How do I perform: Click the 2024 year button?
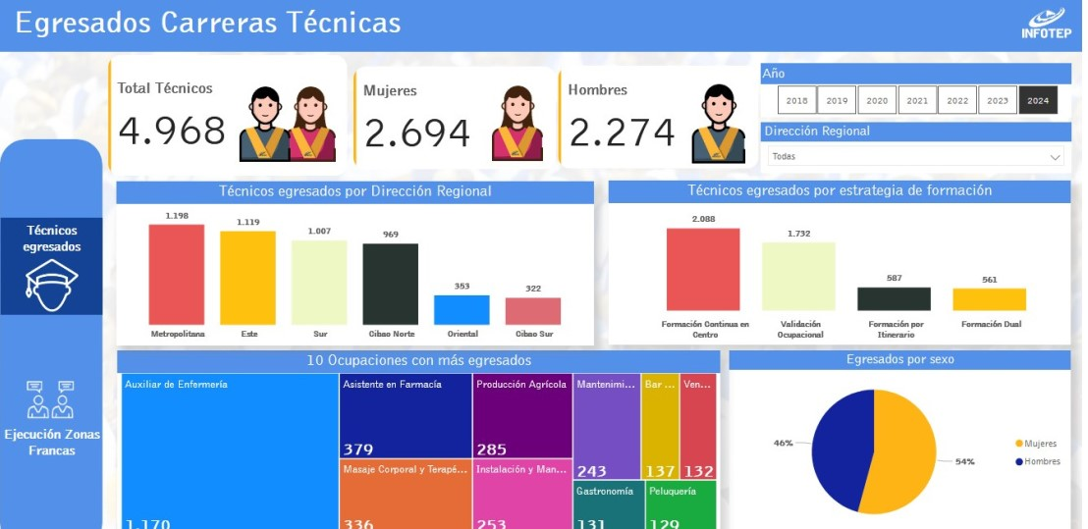tap(1038, 100)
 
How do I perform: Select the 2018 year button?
tap(796, 100)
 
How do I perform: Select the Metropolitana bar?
tap(177, 275)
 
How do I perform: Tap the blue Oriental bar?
tap(462, 310)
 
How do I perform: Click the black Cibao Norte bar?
tap(390, 284)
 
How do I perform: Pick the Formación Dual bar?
tap(989, 299)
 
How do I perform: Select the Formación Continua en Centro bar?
tap(703, 270)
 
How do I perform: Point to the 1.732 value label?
tap(797, 234)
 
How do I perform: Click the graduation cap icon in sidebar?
tap(51, 284)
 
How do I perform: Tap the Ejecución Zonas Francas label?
tap(51, 442)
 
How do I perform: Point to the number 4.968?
tap(172, 131)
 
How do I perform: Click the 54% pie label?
tap(964, 461)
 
